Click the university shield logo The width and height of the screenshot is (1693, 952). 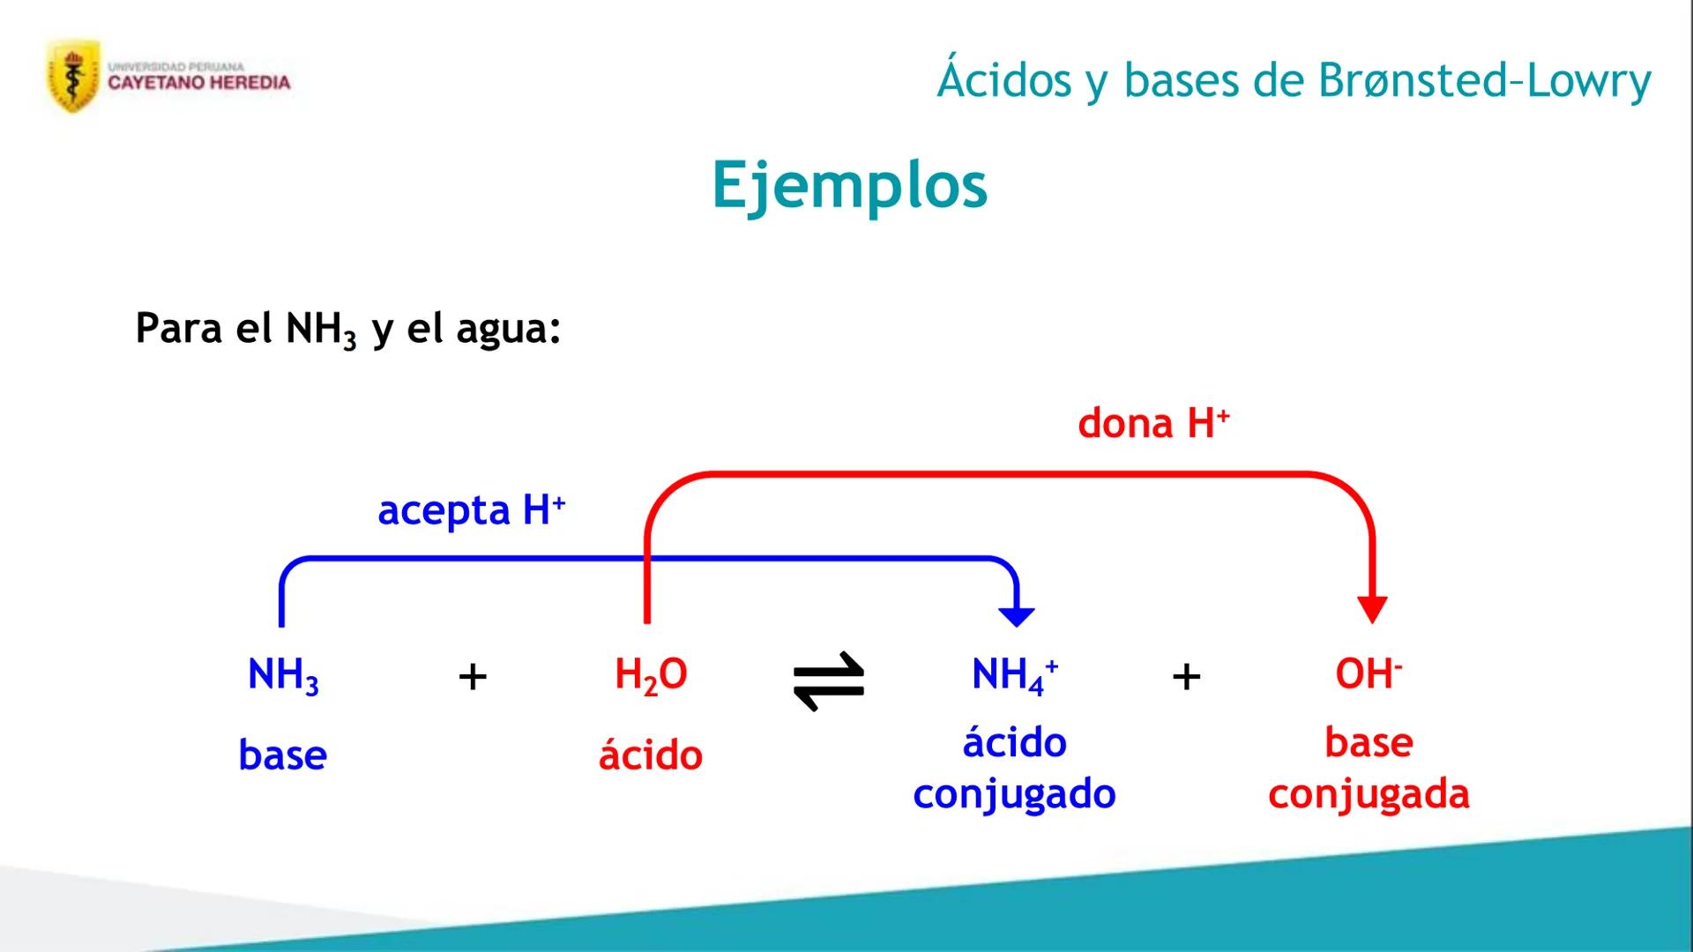[x=72, y=78]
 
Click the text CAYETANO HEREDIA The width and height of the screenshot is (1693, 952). [x=198, y=83]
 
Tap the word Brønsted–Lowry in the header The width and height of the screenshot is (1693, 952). [x=1484, y=80]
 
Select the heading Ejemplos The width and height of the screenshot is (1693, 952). [x=849, y=185]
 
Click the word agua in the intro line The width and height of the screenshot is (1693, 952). [x=508, y=329]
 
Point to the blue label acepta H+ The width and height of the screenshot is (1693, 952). [x=471, y=509]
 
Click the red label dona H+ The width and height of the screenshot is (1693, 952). [x=1152, y=423]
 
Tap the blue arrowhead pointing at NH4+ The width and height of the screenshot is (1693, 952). [x=1017, y=615]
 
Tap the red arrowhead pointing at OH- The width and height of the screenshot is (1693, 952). [x=1372, y=609]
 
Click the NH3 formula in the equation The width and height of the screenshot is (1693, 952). [x=283, y=675]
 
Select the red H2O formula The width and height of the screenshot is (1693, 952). [x=651, y=675]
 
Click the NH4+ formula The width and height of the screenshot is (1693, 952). [x=1014, y=675]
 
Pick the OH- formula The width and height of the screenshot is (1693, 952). [x=1368, y=674]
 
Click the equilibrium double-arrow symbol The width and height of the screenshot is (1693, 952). [x=829, y=681]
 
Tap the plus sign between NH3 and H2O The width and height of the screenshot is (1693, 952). [x=473, y=677]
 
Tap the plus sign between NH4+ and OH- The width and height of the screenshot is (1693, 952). [x=1186, y=677]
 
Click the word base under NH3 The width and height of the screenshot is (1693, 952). [x=282, y=755]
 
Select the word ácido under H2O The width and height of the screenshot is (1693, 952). [x=651, y=755]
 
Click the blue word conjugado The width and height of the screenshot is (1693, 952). [x=1014, y=794]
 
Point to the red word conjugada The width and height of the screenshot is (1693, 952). [x=1369, y=794]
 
